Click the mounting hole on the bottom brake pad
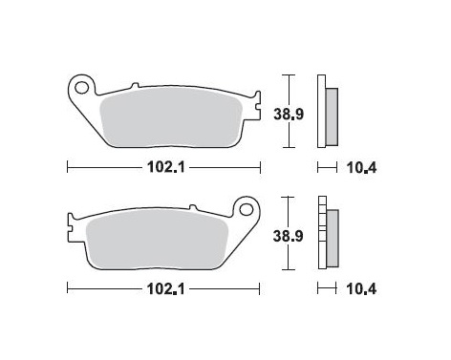pyautogui.click(x=247, y=208)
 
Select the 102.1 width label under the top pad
pyautogui.click(x=162, y=165)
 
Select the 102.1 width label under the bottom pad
pyautogui.click(x=162, y=286)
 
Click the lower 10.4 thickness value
pyautogui.click(x=360, y=286)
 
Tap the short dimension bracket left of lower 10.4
pyautogui.click(x=327, y=286)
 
